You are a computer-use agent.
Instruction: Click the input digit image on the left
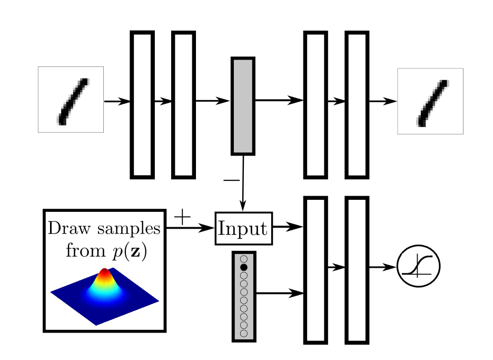point(71,99)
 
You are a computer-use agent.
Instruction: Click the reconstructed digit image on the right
point(430,101)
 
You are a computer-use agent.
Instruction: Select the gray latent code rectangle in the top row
point(243,105)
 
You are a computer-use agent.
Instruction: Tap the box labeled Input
point(243,228)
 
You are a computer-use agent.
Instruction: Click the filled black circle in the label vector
point(243,268)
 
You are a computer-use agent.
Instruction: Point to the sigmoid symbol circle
point(418,267)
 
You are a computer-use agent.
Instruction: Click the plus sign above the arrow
point(181,217)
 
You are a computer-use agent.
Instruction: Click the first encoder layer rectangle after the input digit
point(142,104)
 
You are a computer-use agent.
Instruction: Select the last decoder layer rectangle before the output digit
point(357,104)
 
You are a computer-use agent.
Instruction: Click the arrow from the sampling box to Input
point(190,228)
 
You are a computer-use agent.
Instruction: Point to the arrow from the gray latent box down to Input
point(243,182)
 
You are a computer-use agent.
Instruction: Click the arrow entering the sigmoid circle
point(382,267)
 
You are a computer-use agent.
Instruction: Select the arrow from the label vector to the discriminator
point(279,294)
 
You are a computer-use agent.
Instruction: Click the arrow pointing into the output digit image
point(382,101)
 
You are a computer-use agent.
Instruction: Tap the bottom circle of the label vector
point(243,333)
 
